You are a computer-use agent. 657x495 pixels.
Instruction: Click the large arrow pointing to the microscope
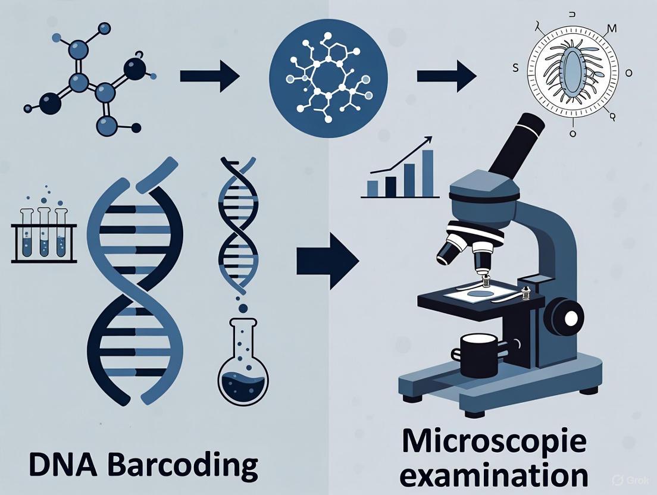[327, 261]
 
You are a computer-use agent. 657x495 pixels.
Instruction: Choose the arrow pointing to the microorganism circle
[446, 77]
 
